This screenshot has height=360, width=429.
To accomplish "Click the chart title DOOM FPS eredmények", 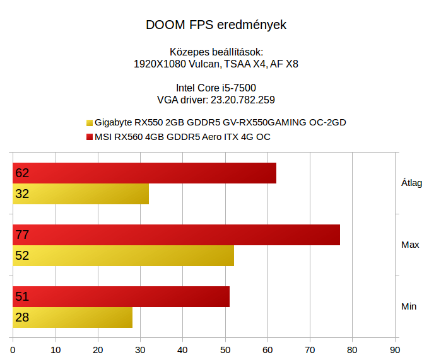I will (x=216, y=26).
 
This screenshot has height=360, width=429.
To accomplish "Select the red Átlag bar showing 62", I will (x=144, y=173).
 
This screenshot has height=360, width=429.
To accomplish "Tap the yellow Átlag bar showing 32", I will (x=81, y=194).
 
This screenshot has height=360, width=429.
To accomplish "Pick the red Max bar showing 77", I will (x=177, y=235).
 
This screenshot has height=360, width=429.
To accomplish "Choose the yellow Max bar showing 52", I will (x=124, y=255).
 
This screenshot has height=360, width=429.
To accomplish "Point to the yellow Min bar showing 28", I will (x=73, y=317).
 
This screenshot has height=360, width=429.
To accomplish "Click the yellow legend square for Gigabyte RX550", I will (x=90, y=123).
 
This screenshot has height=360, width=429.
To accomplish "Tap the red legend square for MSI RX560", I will (x=90, y=137).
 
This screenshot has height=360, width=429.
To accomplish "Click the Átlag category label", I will (x=411, y=183).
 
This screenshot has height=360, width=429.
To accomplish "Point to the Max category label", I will (x=410, y=245).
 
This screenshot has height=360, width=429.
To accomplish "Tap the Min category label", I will (x=409, y=306).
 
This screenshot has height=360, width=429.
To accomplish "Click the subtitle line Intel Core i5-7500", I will (x=216, y=88).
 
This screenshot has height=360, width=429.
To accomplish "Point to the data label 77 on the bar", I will (x=22, y=235).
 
